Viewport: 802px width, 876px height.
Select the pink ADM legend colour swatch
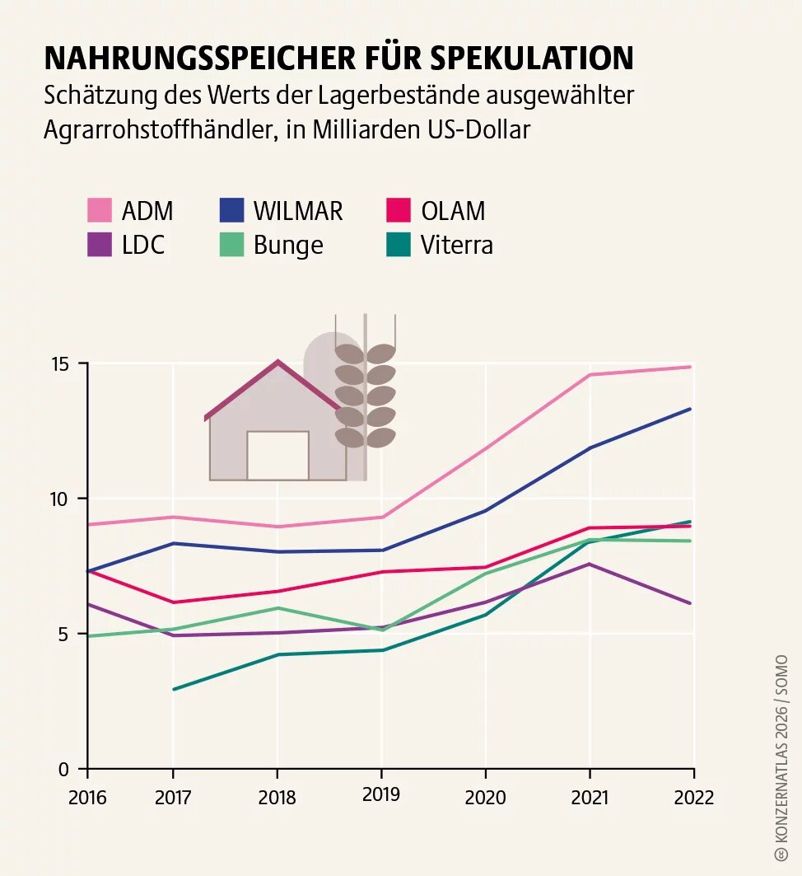99,210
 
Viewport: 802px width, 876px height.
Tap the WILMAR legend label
297,211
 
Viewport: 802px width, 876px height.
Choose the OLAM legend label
453,211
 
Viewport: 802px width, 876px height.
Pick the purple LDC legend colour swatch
99,245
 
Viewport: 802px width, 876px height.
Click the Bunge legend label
288,245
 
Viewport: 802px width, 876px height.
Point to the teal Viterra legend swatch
398,245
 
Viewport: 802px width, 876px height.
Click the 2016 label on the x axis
86,797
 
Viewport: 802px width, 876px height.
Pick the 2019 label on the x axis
381,794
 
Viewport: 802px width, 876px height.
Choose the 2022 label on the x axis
693,797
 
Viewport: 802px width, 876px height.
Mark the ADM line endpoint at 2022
691,367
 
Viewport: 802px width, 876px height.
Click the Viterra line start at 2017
174,689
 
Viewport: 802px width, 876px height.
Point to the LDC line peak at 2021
589,564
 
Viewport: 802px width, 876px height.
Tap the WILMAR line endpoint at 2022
691,409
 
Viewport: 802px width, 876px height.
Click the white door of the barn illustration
277,455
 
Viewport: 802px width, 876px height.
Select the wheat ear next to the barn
365,396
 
